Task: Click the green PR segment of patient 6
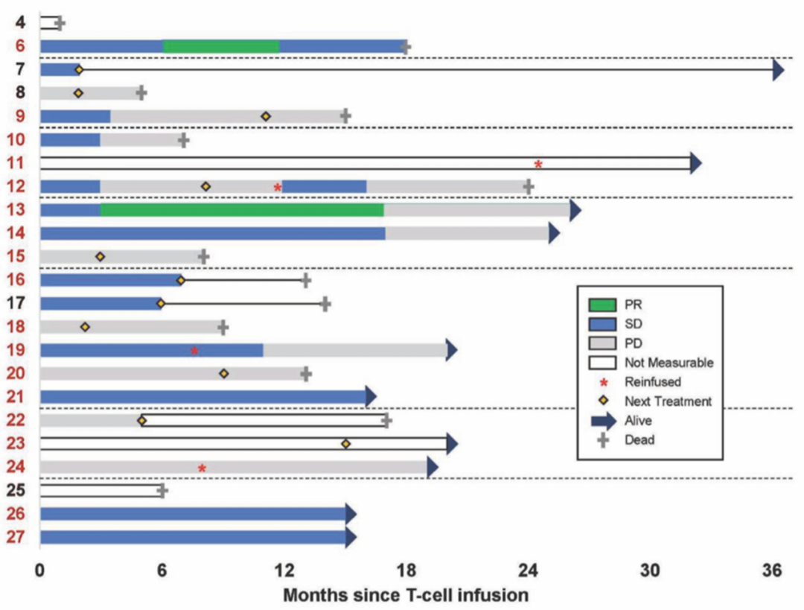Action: coord(220,46)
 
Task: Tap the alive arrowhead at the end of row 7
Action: coord(778,70)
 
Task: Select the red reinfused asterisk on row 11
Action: coord(538,164)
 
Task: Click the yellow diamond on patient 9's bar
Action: coord(266,116)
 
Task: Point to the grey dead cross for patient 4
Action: coord(60,23)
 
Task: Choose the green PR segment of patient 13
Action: coord(242,210)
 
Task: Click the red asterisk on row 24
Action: coord(202,468)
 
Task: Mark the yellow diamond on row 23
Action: coord(345,444)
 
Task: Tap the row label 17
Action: coord(20,304)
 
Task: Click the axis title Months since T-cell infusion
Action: coord(406,595)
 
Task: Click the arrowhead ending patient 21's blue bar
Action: coord(371,397)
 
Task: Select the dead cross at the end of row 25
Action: coord(162,491)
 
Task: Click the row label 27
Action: coord(20,538)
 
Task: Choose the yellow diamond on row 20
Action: coord(224,373)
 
